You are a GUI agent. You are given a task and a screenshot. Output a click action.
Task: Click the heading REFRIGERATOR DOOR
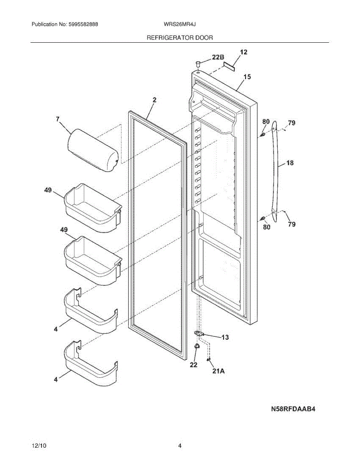[179, 38]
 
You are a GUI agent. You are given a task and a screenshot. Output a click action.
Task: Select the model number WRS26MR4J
[179, 24]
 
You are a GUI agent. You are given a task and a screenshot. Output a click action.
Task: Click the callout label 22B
[218, 57]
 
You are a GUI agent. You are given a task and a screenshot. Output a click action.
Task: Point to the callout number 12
[243, 52]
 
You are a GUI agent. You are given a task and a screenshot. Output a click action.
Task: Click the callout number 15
[247, 77]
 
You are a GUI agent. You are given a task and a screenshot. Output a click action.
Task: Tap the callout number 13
[225, 337]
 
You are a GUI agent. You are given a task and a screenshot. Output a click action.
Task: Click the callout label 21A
[219, 371]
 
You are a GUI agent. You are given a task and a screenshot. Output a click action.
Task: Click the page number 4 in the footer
[180, 446]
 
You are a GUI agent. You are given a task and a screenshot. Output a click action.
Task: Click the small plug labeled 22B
[198, 63]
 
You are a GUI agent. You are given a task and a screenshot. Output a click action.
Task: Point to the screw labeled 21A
[209, 360]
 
